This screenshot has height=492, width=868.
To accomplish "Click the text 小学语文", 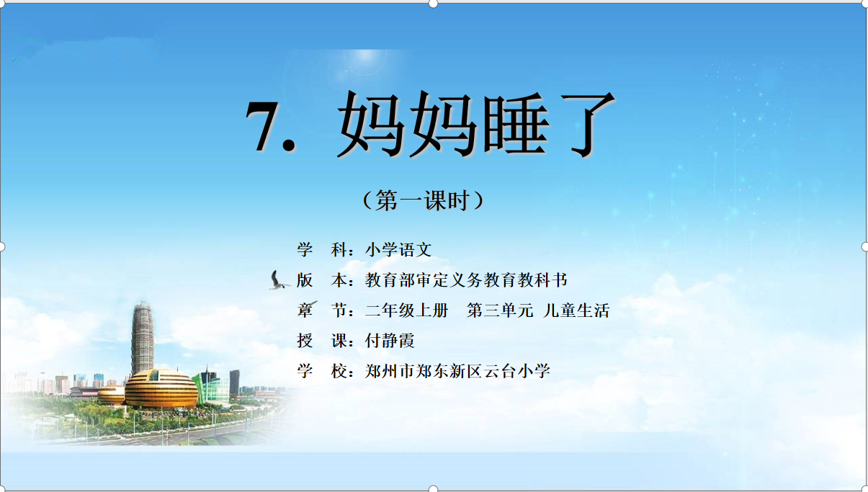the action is point(398,249).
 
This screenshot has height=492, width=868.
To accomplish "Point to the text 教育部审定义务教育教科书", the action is point(466,279).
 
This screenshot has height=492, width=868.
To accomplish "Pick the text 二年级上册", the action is point(406,310).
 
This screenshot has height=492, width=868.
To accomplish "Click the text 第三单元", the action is point(500,310).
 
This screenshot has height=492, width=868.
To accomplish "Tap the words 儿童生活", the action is point(576,310).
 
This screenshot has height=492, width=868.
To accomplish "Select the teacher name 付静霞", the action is point(390,341).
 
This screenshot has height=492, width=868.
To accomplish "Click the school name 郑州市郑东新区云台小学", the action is point(457,371).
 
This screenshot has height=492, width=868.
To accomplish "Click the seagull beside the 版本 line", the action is point(278,280).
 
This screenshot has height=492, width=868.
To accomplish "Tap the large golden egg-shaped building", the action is point(161,388).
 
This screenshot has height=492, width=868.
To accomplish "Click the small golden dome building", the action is point(111,395).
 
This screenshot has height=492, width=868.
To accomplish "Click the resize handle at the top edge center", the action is point(433,4).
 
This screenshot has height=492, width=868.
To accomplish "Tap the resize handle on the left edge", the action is point(1,247).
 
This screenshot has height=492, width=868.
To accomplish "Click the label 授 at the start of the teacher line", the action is point(305,341).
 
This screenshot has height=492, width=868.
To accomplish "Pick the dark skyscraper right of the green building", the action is point(234,383).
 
